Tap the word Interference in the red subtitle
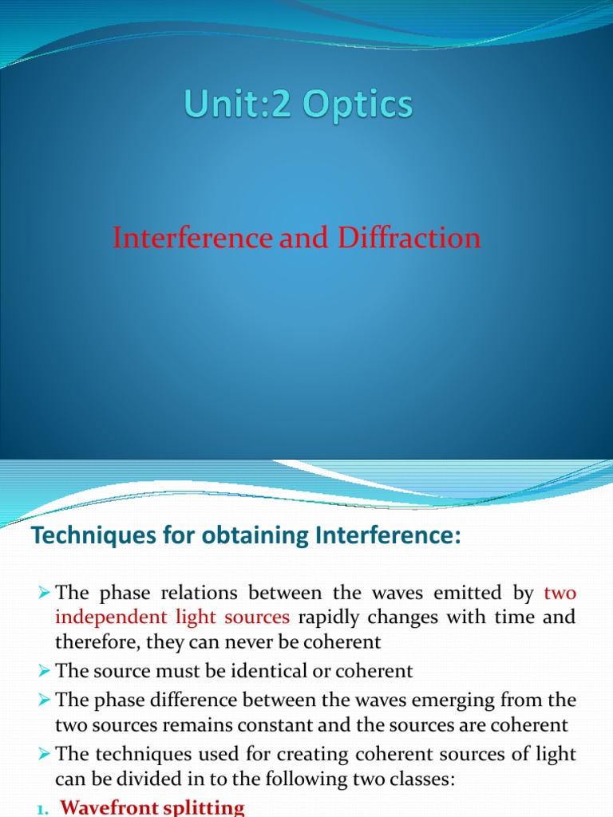pos(193,238)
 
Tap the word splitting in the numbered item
pos(208,807)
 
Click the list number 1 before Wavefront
pos(42,809)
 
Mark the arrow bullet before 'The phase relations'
pos(44,594)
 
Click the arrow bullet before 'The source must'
pos(44,672)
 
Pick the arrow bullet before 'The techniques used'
pos(44,755)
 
